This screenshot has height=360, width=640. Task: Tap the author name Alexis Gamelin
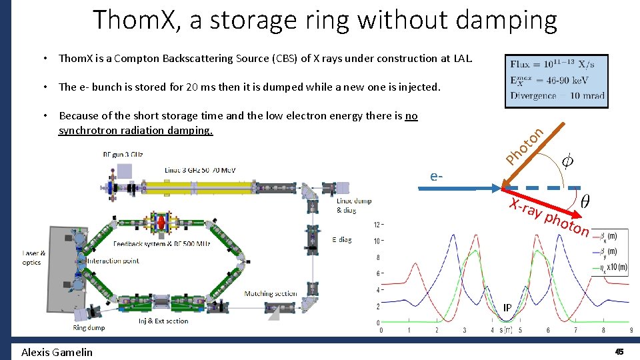pyautogui.click(x=57, y=352)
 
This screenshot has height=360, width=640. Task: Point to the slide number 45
pyautogui.click(x=619, y=351)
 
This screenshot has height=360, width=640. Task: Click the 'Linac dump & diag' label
pyautogui.click(x=354, y=205)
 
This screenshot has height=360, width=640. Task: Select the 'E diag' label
pyautogui.click(x=341, y=240)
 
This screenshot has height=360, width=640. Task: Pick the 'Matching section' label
pyautogui.click(x=271, y=293)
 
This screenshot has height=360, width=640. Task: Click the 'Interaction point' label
pyautogui.click(x=113, y=261)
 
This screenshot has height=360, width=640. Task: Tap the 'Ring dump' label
pyautogui.click(x=89, y=328)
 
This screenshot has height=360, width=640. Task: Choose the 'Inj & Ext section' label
pyautogui.click(x=163, y=321)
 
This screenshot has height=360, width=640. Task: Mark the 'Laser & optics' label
pyautogui.click(x=34, y=257)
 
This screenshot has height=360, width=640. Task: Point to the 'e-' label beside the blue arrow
pyautogui.click(x=437, y=177)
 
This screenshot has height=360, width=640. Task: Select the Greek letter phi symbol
pyautogui.click(x=567, y=161)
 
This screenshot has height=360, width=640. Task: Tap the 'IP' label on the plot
pyautogui.click(x=507, y=308)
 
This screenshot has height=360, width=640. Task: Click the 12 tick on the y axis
pyautogui.click(x=377, y=224)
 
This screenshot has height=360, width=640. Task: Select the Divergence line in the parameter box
pyautogui.click(x=557, y=95)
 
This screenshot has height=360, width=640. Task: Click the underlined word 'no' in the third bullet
pyautogui.click(x=411, y=116)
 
